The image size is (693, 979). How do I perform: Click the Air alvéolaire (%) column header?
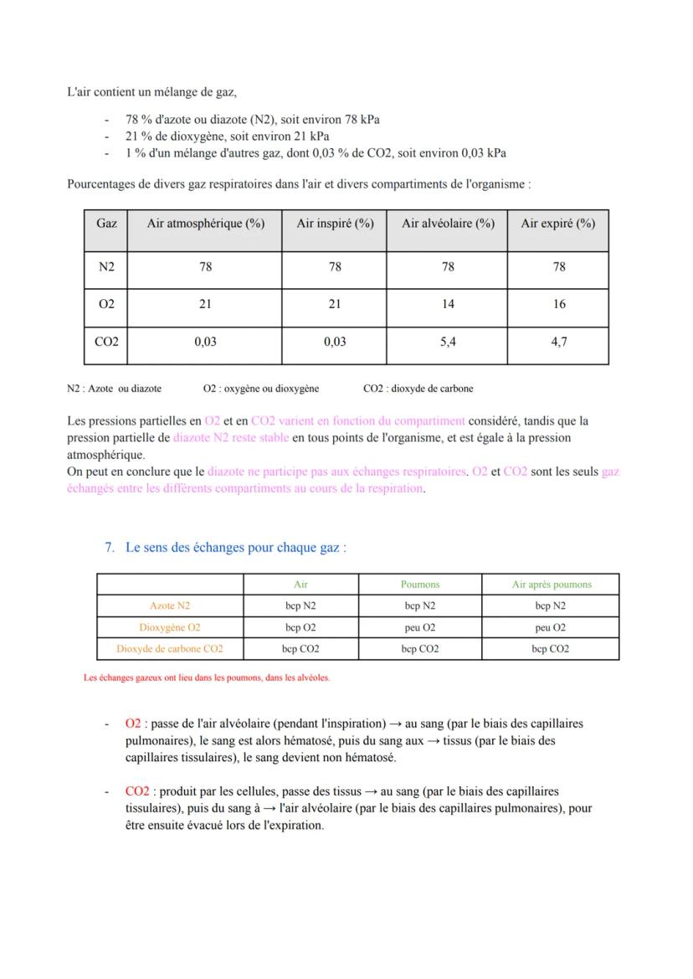click(x=448, y=224)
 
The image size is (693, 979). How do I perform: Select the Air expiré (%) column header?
click(x=558, y=224)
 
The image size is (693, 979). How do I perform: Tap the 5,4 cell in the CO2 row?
click(x=448, y=343)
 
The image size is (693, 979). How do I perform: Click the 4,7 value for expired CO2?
click(x=559, y=343)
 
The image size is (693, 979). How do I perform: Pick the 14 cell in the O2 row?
click(x=448, y=304)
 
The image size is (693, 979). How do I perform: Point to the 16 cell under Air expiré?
click(x=559, y=304)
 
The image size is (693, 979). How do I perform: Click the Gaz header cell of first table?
click(x=106, y=224)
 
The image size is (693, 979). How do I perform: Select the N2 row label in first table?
click(x=106, y=266)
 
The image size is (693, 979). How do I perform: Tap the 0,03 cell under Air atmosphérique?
click(x=205, y=343)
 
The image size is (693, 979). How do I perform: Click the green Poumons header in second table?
click(x=419, y=585)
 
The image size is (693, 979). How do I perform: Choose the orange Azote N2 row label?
click(x=170, y=605)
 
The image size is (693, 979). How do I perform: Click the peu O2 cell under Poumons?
click(x=419, y=627)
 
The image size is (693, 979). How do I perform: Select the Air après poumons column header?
click(x=551, y=585)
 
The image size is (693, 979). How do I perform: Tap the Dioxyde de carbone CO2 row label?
click(x=170, y=649)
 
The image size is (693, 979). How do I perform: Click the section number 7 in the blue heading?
click(x=110, y=548)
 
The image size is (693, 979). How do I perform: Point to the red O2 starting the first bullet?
click(x=133, y=724)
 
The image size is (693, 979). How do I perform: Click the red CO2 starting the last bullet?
click(x=137, y=791)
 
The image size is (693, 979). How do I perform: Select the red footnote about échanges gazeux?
click(x=207, y=678)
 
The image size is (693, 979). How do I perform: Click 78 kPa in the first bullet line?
click(x=357, y=120)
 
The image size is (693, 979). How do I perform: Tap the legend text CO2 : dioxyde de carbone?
click(x=418, y=389)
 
